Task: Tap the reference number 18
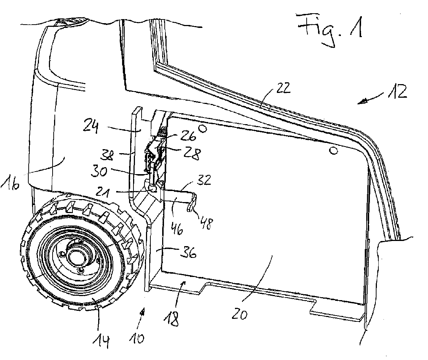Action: click(174, 318)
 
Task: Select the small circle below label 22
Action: click(333, 151)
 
